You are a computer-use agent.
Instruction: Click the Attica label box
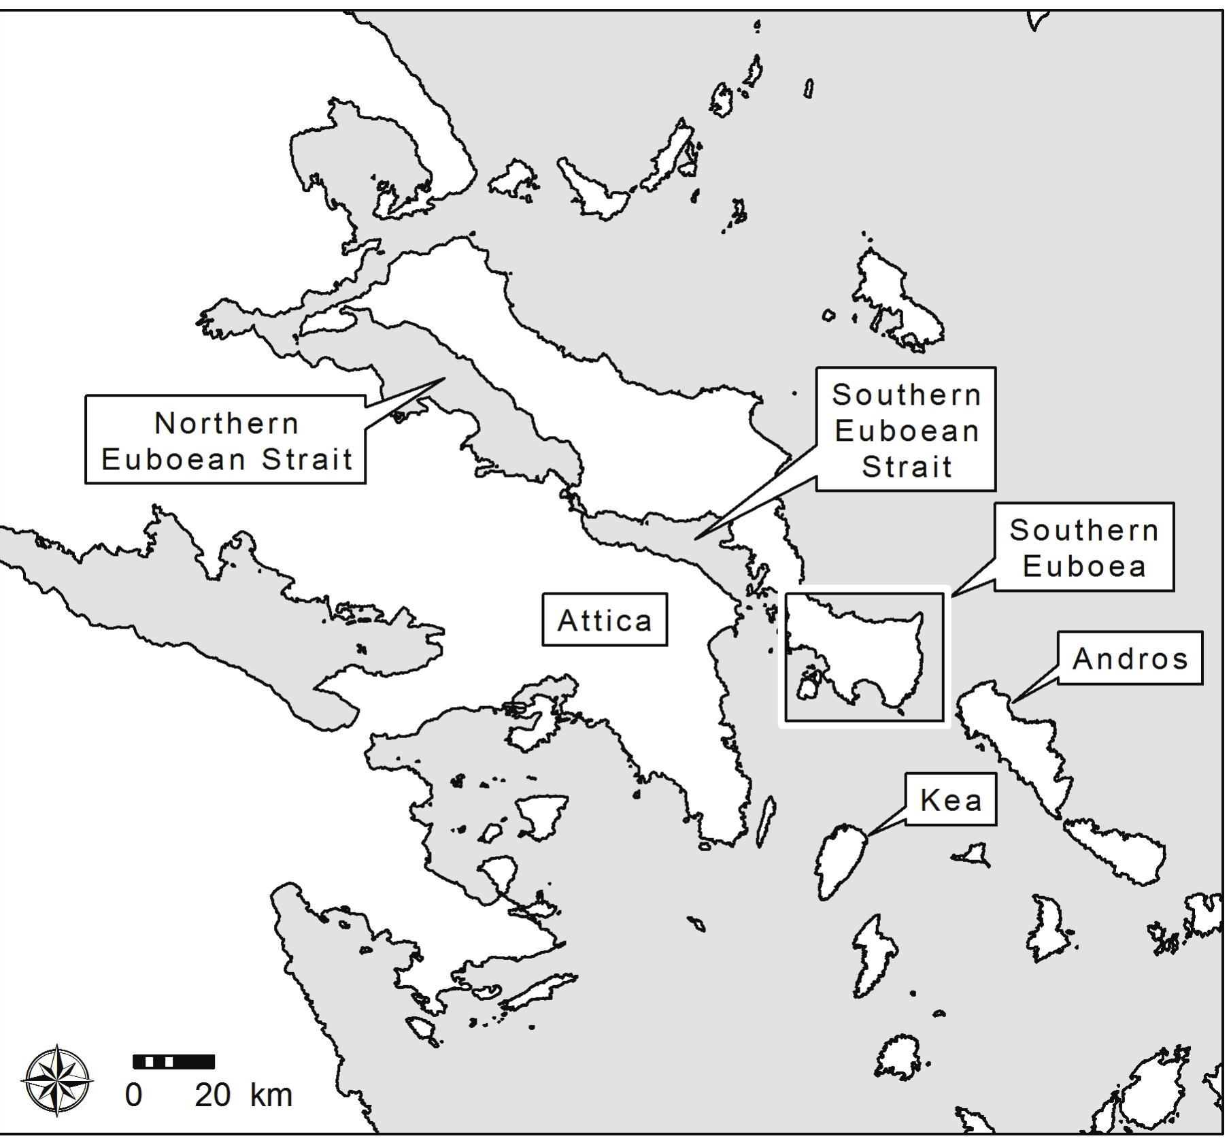604,620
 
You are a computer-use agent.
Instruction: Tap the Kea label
951,800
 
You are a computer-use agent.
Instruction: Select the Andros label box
1130,658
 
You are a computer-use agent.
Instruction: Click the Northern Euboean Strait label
226,440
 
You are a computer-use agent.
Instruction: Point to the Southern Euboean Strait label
905,430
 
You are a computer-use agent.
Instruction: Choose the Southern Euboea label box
1084,548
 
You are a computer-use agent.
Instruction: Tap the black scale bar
173,1061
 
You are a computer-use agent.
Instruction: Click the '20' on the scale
212,1096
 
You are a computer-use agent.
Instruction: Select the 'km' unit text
271,1096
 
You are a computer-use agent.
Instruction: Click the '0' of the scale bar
133,1096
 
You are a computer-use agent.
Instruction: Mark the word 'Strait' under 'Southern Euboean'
907,467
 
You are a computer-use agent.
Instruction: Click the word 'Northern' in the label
226,423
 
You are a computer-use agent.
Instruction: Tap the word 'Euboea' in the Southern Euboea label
1084,566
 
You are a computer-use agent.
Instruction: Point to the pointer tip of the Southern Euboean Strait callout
695,539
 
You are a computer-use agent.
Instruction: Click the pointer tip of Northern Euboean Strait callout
444,379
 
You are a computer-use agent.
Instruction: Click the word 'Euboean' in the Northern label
173,459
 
